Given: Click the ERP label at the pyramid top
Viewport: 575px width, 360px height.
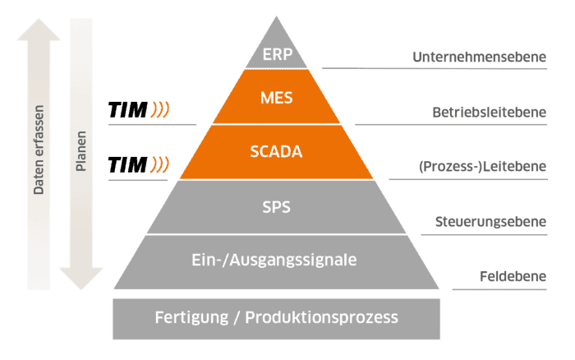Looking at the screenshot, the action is point(278,54).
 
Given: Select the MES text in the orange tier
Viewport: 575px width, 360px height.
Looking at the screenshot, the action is point(277,98).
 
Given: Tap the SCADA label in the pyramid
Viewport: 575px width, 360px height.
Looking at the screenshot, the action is point(276,151).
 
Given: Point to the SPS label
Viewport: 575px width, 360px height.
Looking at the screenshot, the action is point(276,207).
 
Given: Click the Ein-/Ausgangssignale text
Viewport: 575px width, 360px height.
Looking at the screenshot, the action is point(274,261).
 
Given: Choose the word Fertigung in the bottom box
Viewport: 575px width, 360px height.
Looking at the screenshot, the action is point(191,318).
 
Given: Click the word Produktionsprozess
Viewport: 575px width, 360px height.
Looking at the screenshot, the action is point(321,318).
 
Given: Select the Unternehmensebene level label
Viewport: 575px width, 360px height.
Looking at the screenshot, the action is point(479,57).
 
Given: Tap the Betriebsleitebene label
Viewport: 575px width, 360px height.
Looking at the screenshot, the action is point(490,113).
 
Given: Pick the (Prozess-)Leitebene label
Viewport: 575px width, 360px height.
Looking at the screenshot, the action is point(482,167).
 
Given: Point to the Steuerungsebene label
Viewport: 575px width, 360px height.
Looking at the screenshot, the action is point(490,222).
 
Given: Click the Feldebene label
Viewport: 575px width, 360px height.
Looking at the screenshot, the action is point(513,276).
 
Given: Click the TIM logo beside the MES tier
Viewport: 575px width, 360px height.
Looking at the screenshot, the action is point(138,109).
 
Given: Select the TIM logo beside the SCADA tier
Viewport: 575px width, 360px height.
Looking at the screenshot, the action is point(138,164).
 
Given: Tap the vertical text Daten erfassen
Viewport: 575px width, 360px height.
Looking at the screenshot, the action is point(39,150).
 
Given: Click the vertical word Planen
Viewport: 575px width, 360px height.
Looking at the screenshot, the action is point(80,151).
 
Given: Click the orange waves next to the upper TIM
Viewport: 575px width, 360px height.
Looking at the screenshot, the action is point(160,109).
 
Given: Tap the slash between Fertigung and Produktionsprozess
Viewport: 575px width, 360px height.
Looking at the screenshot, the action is point(237,318).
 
